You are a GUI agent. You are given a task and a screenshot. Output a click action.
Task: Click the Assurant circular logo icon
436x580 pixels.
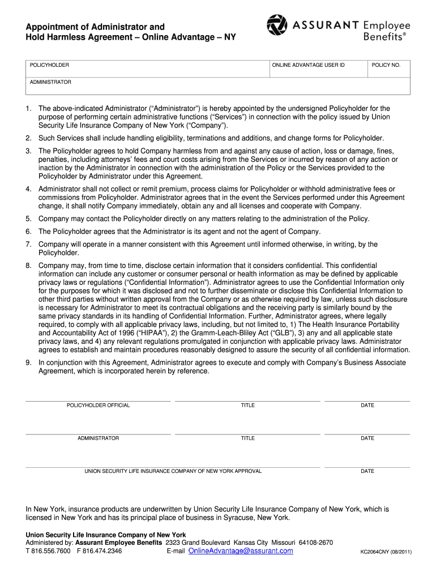(x=277, y=25)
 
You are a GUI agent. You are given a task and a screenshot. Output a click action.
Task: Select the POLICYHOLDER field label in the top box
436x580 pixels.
(x=49, y=65)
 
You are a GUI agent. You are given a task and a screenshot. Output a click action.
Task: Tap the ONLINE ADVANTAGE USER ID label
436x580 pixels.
(x=308, y=65)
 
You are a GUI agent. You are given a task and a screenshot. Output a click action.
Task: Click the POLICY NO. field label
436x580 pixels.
(x=386, y=65)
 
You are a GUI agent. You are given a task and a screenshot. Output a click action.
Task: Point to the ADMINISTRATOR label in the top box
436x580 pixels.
(x=50, y=82)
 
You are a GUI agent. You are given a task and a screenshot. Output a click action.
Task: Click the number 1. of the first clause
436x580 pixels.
(x=28, y=108)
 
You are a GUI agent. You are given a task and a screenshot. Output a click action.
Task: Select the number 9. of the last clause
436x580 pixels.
(x=28, y=362)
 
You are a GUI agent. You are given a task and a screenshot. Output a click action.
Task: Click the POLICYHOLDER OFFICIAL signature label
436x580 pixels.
(x=98, y=406)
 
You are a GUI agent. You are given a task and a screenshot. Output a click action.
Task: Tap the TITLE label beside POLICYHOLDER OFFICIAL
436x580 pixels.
(x=247, y=406)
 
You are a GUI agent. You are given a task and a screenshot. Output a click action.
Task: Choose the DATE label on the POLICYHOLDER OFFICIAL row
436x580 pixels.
(x=367, y=406)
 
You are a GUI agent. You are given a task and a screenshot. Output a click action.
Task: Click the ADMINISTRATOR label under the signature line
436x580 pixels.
(x=98, y=438)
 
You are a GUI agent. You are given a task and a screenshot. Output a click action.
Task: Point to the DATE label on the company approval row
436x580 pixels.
(x=367, y=471)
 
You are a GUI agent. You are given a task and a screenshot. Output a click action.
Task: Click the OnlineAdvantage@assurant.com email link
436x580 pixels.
(x=241, y=551)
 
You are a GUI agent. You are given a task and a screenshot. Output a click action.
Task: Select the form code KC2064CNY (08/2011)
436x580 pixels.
(x=386, y=552)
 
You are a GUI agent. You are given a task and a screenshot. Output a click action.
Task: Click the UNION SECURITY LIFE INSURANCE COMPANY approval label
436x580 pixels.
(x=173, y=471)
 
